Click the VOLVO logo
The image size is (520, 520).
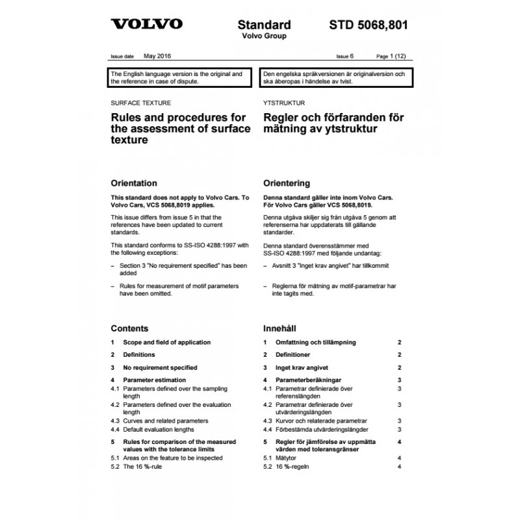tap(146, 25)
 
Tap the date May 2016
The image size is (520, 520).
tap(157, 57)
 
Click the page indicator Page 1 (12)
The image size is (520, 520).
tap(394, 57)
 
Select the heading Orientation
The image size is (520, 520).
tap(134, 183)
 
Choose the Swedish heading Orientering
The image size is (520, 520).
tap(286, 183)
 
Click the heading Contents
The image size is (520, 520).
tap(129, 328)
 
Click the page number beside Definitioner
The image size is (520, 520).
tap(400, 355)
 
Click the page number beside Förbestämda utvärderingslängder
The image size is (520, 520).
tap(400, 430)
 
